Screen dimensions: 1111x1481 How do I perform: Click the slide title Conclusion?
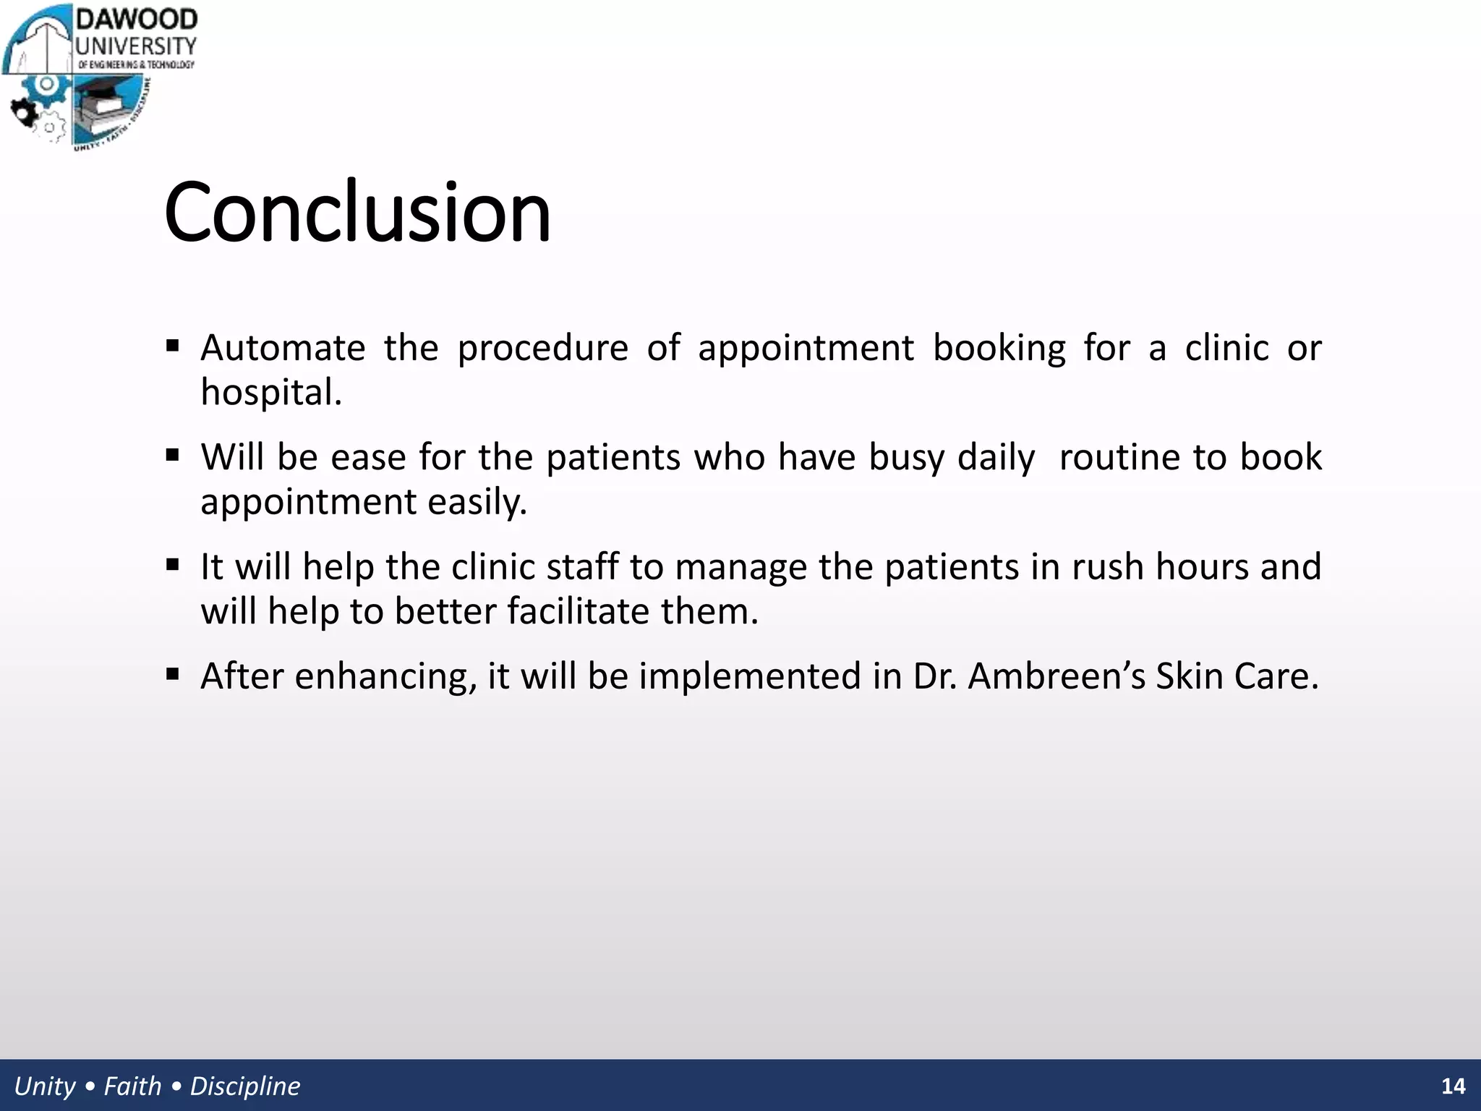[357, 213]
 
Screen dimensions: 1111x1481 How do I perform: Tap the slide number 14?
[1453, 1086]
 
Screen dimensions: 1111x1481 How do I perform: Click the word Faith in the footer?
[132, 1086]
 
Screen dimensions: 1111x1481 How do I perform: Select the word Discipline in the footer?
[244, 1086]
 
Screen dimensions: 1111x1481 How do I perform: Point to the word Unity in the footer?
[44, 1086]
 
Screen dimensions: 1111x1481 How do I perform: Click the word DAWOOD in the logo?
[137, 20]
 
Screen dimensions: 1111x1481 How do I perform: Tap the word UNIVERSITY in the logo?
[136, 46]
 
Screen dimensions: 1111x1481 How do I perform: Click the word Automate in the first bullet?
[283, 348]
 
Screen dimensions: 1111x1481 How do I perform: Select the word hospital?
[270, 393]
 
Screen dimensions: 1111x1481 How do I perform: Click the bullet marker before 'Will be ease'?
[172, 456]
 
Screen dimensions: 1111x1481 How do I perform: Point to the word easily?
[477, 502]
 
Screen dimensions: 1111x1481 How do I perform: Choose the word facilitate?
[578, 611]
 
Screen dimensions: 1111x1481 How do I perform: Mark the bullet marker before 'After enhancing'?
[172, 675]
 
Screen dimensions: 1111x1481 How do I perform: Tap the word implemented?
[749, 676]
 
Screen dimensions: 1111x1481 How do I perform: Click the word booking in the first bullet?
[999, 348]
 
